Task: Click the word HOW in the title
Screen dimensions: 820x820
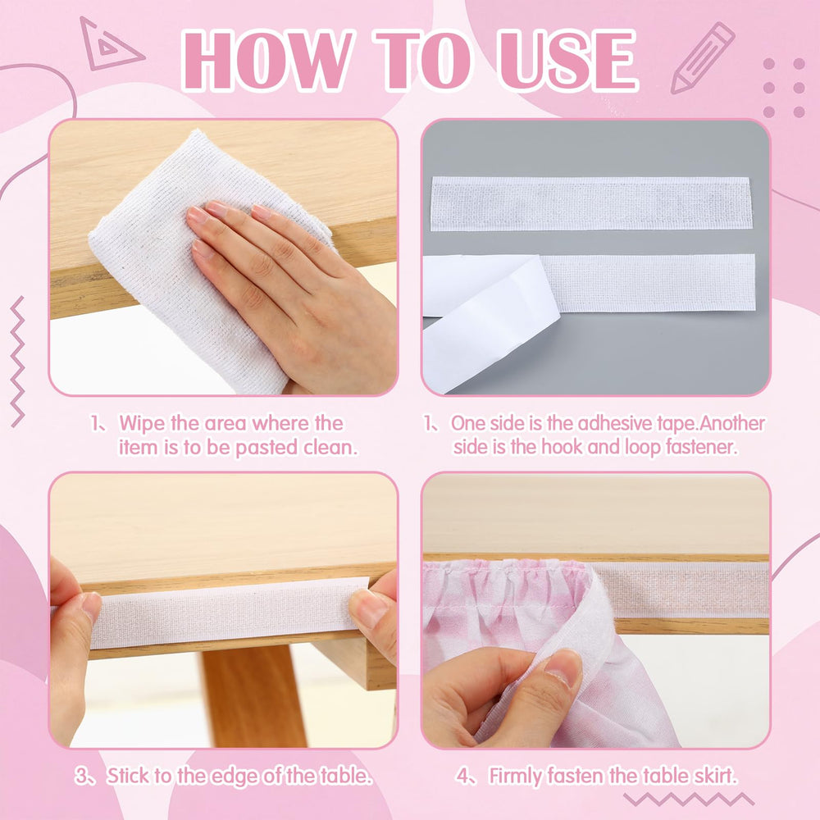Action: click(x=266, y=60)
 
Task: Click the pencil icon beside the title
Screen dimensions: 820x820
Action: click(x=703, y=57)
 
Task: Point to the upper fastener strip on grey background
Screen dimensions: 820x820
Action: click(x=591, y=203)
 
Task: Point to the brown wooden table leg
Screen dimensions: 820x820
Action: click(x=253, y=695)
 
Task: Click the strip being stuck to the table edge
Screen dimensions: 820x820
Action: click(x=225, y=613)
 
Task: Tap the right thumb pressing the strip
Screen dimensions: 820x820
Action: click(x=372, y=607)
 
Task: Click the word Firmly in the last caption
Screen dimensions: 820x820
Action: click(x=515, y=776)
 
